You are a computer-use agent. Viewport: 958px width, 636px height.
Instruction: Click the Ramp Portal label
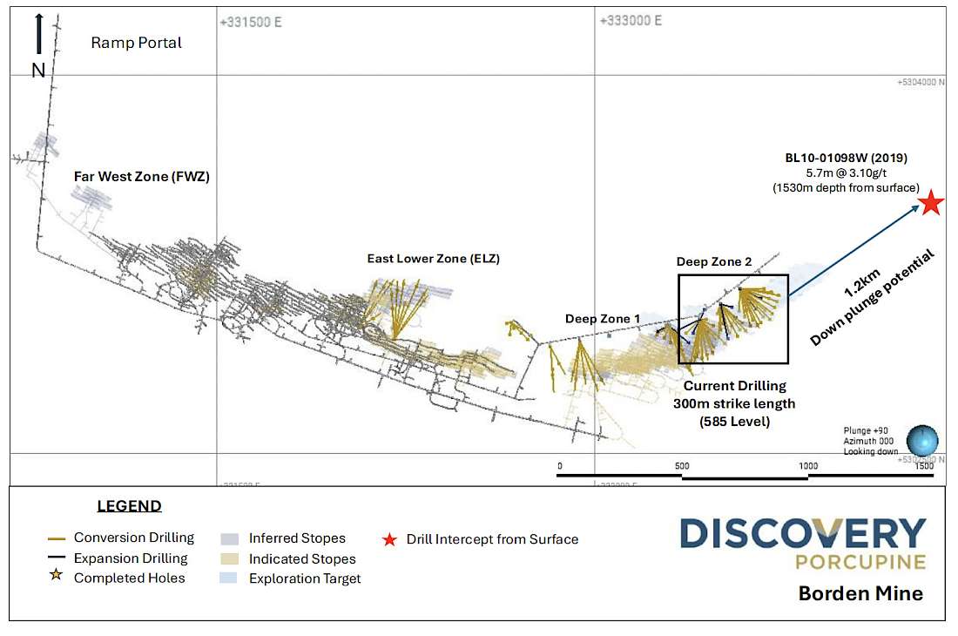click(x=137, y=43)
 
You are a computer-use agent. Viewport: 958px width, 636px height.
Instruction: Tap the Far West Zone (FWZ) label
click(x=141, y=176)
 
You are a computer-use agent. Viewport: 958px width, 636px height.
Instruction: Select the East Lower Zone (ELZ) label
click(x=433, y=259)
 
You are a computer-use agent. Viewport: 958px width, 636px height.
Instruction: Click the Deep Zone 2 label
click(x=713, y=261)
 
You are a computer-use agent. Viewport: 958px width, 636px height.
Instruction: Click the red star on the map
click(x=932, y=203)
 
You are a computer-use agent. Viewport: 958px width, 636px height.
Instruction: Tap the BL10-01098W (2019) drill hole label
click(x=846, y=159)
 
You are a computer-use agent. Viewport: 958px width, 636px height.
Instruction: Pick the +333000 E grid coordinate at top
click(x=631, y=21)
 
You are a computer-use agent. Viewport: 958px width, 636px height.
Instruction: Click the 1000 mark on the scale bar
click(x=808, y=466)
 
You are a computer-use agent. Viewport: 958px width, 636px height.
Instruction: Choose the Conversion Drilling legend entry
click(x=133, y=538)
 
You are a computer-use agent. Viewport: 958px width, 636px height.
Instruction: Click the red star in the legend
click(x=389, y=539)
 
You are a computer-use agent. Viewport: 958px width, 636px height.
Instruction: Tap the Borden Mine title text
click(x=860, y=593)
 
